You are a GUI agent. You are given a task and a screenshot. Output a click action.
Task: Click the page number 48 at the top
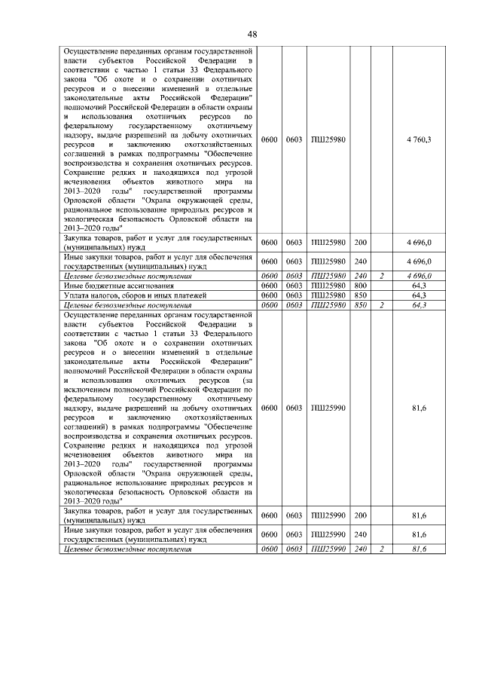(x=252, y=34)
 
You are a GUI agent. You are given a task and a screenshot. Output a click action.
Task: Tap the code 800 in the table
(x=360, y=286)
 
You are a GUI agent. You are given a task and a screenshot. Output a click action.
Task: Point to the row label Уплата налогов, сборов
(x=120, y=295)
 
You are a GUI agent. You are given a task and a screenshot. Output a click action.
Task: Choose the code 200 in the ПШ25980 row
(x=360, y=243)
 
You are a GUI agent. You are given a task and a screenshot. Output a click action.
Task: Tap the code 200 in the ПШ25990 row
(x=360, y=516)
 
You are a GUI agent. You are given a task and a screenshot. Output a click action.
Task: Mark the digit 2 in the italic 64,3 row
(x=382, y=305)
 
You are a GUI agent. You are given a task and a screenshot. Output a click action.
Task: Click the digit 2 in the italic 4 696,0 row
(x=382, y=277)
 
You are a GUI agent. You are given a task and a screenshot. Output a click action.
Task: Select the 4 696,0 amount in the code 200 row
(x=418, y=243)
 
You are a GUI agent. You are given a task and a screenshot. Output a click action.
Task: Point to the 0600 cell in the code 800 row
(x=270, y=286)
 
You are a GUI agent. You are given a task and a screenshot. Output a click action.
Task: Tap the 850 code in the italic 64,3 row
(x=360, y=305)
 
